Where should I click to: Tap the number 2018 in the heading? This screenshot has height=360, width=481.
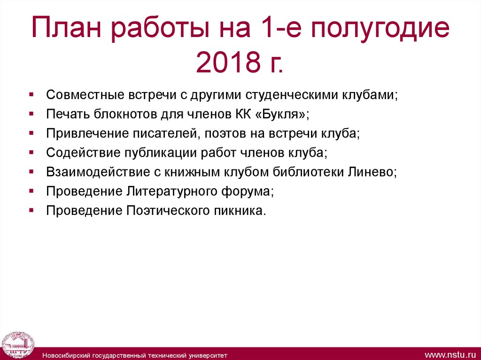[220, 62]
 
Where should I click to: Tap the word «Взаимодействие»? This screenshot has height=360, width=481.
[96, 172]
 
